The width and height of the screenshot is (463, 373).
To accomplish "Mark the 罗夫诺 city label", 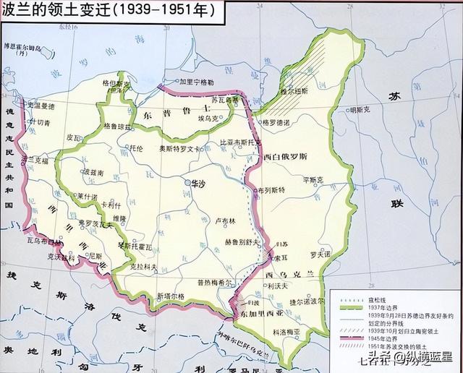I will tap(318, 254).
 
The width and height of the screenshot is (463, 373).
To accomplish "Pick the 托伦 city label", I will tap(135, 147).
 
